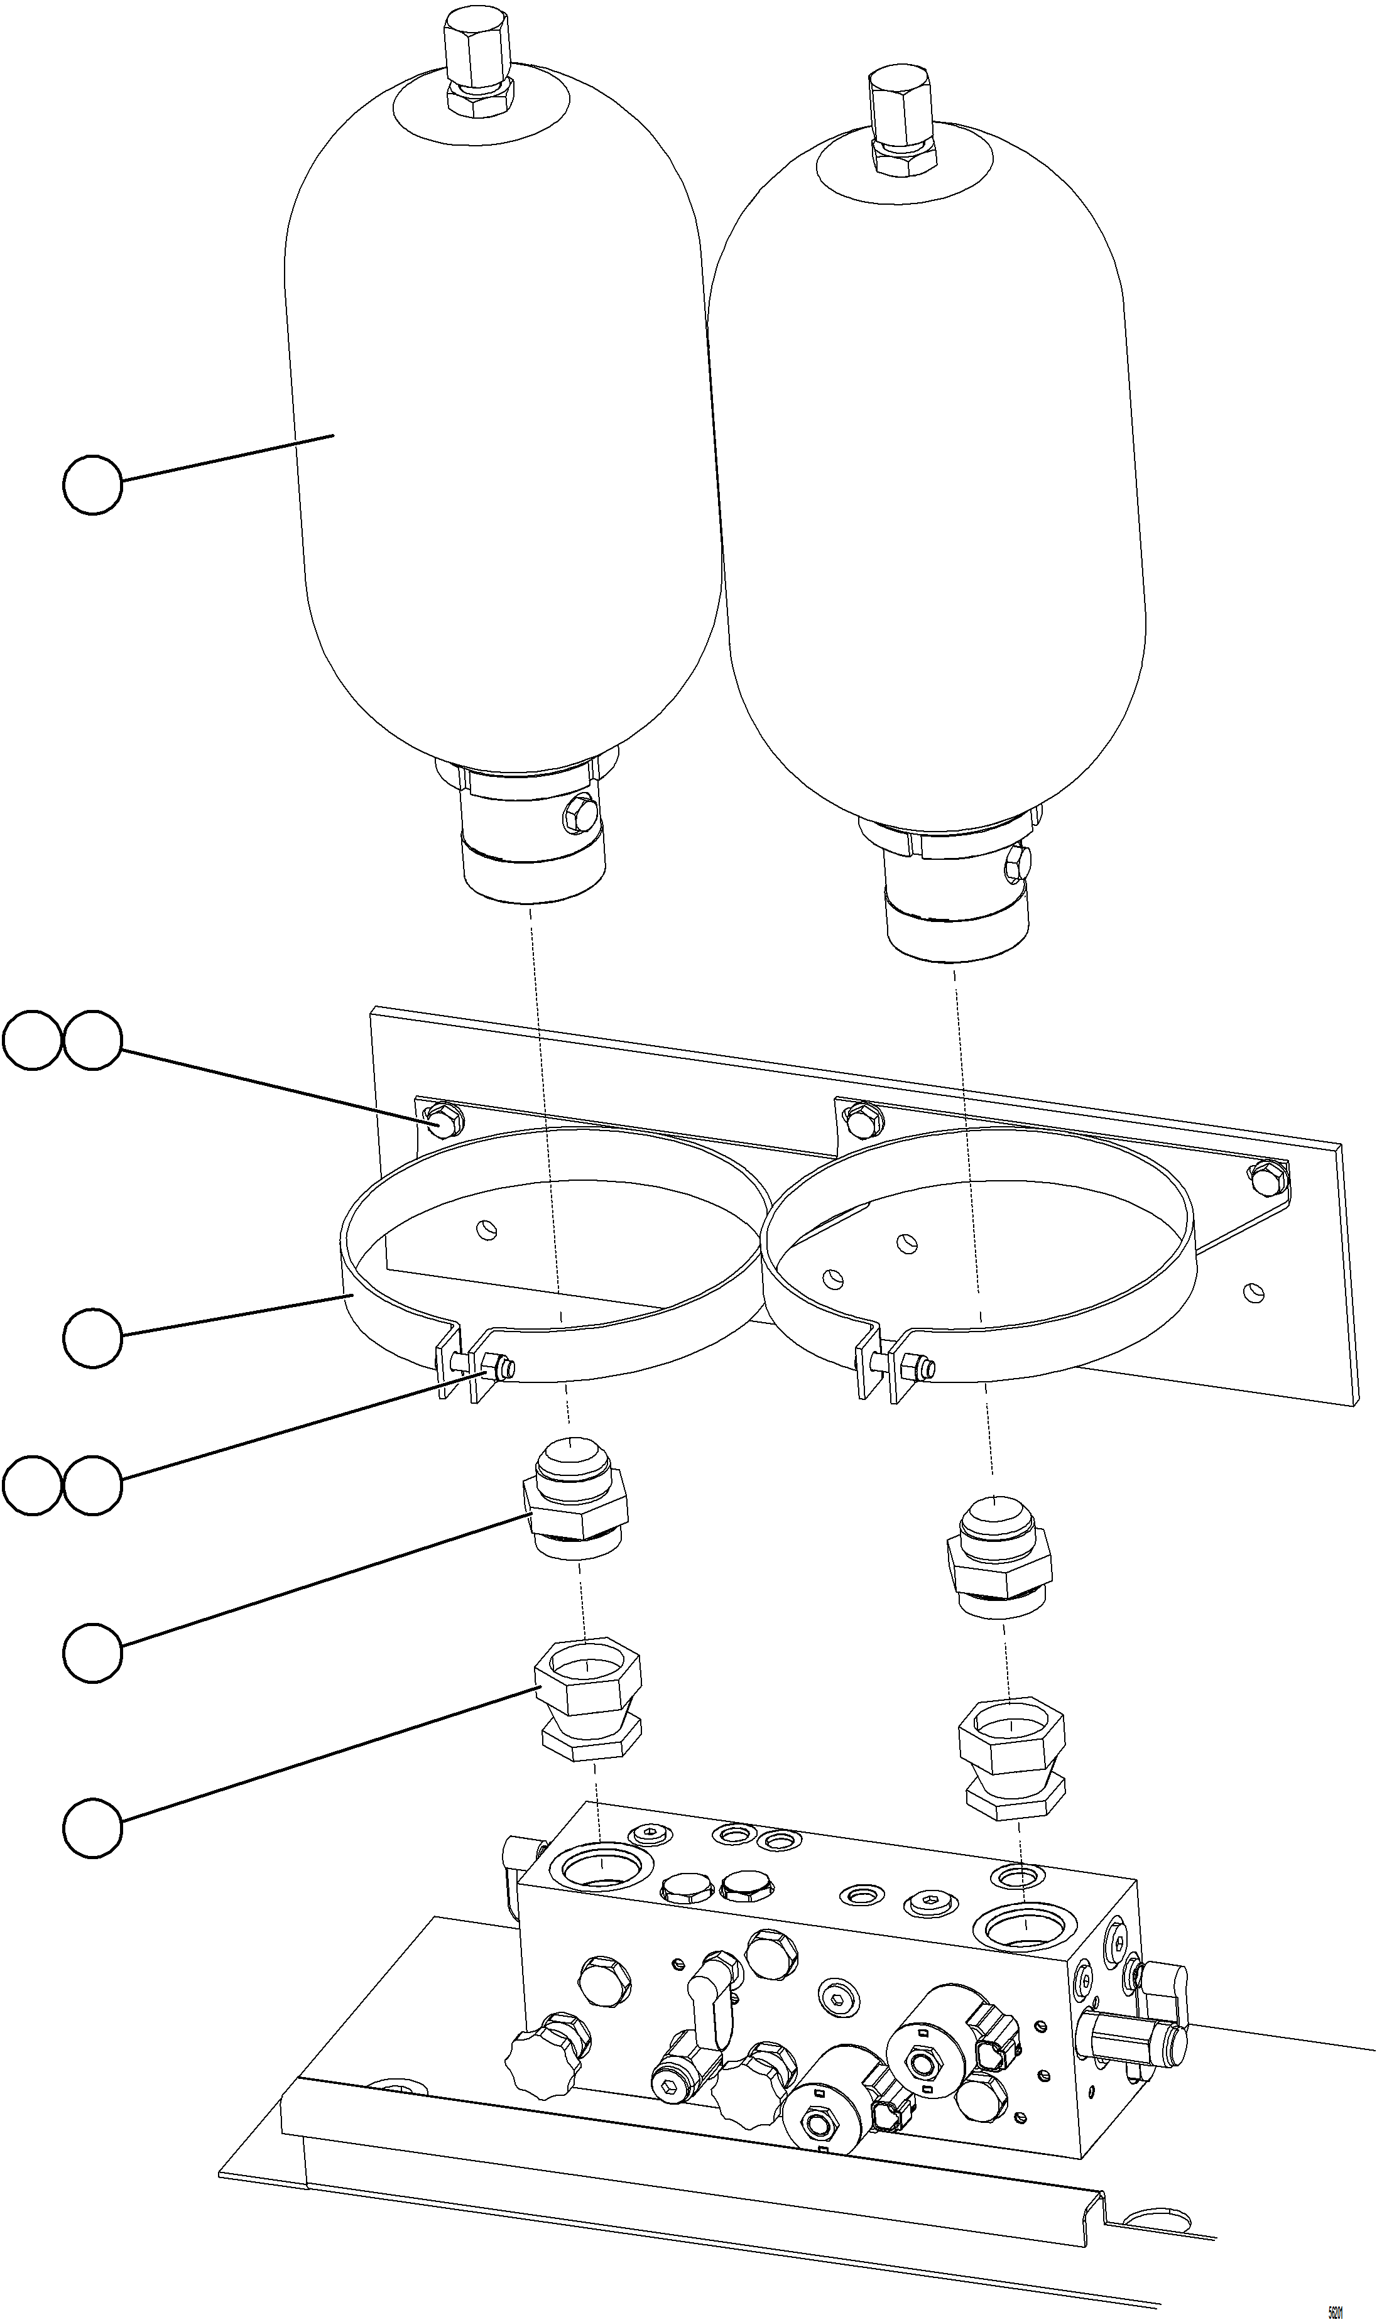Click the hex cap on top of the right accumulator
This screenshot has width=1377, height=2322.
coord(898,101)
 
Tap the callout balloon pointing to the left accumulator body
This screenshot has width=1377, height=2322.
coord(92,484)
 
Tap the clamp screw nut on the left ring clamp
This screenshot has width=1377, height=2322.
coord(502,1365)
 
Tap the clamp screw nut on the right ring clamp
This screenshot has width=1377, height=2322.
coord(920,1365)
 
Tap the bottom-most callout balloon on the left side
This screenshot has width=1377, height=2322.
coord(92,1828)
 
